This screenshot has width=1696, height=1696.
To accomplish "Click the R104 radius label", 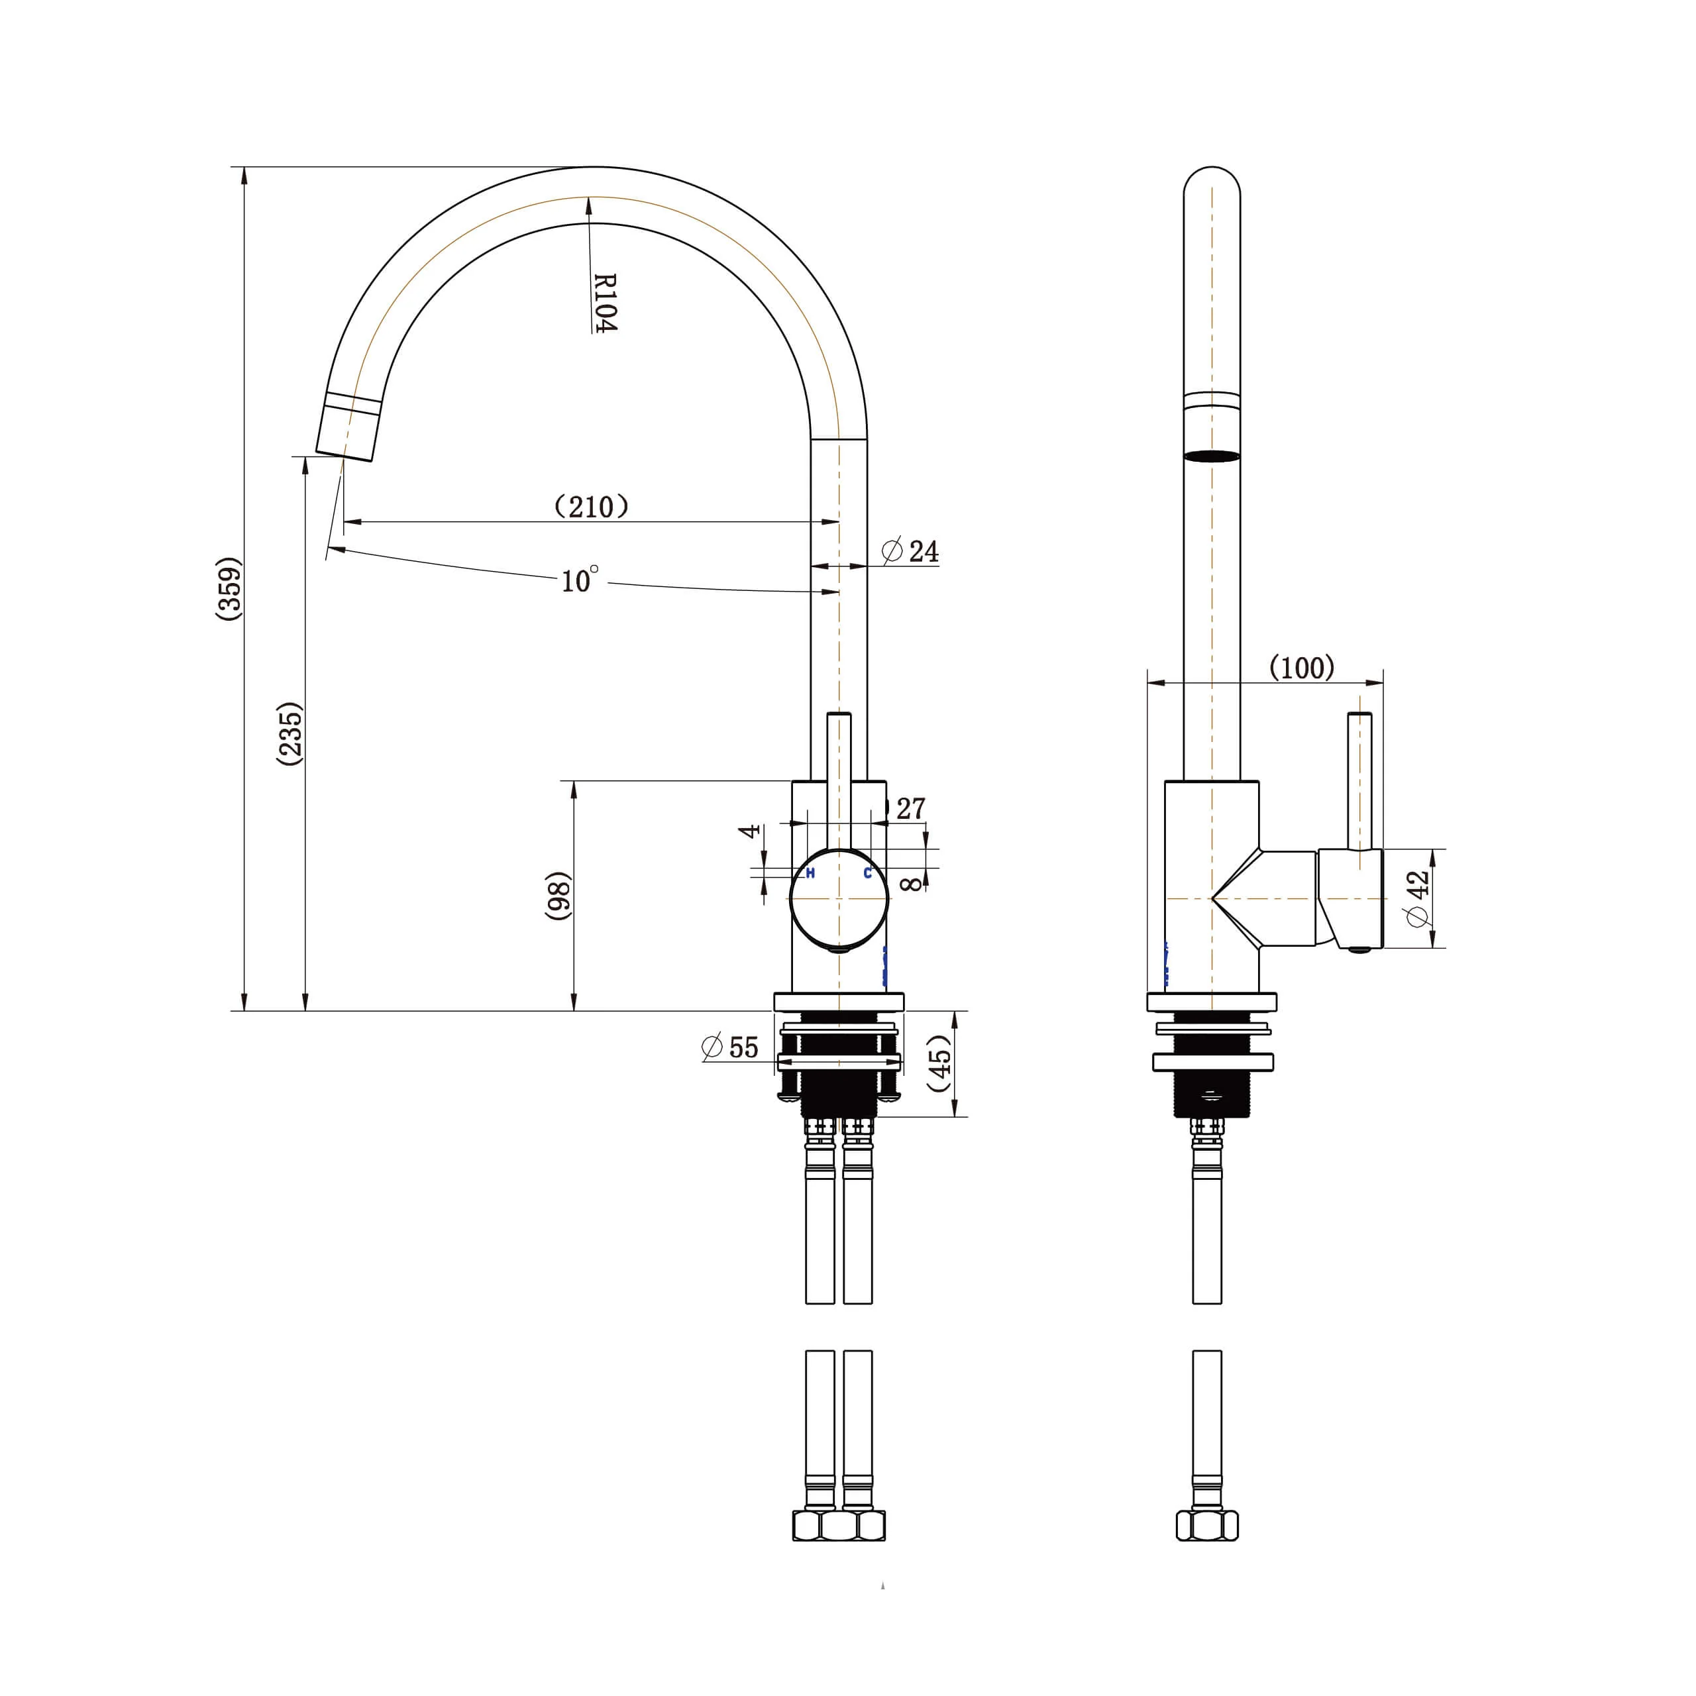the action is click(x=606, y=303).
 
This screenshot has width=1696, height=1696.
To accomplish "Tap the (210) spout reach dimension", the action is click(x=592, y=507).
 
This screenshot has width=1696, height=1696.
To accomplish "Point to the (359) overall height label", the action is click(x=229, y=588).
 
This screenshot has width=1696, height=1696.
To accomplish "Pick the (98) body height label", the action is click(x=558, y=896).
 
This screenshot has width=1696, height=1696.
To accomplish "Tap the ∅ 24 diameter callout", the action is click(x=910, y=551).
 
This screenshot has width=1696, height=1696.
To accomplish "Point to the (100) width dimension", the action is click(x=1302, y=668).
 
